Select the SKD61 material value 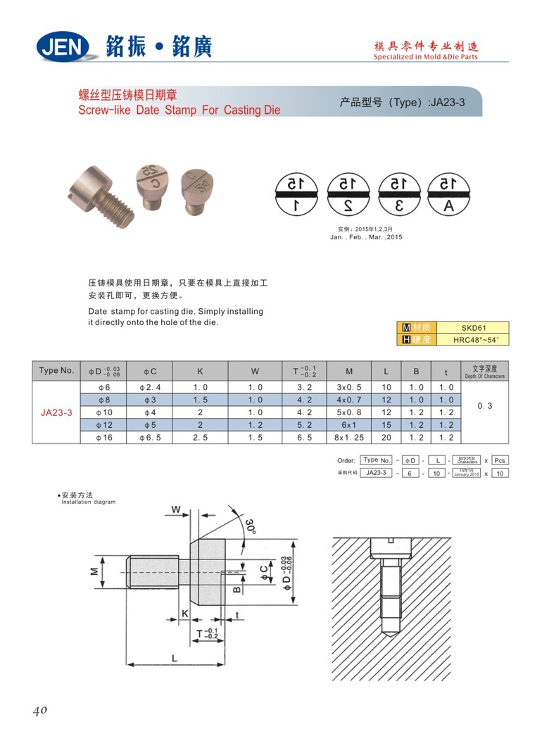point(473,328)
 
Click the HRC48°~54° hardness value point(473,340)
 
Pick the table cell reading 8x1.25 point(349,437)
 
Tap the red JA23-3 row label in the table point(56,412)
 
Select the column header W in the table point(255,371)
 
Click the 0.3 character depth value point(484,406)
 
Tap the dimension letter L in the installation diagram point(173,657)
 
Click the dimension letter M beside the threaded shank point(94,571)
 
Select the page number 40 point(39,710)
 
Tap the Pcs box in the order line point(499,459)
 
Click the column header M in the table point(349,371)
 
